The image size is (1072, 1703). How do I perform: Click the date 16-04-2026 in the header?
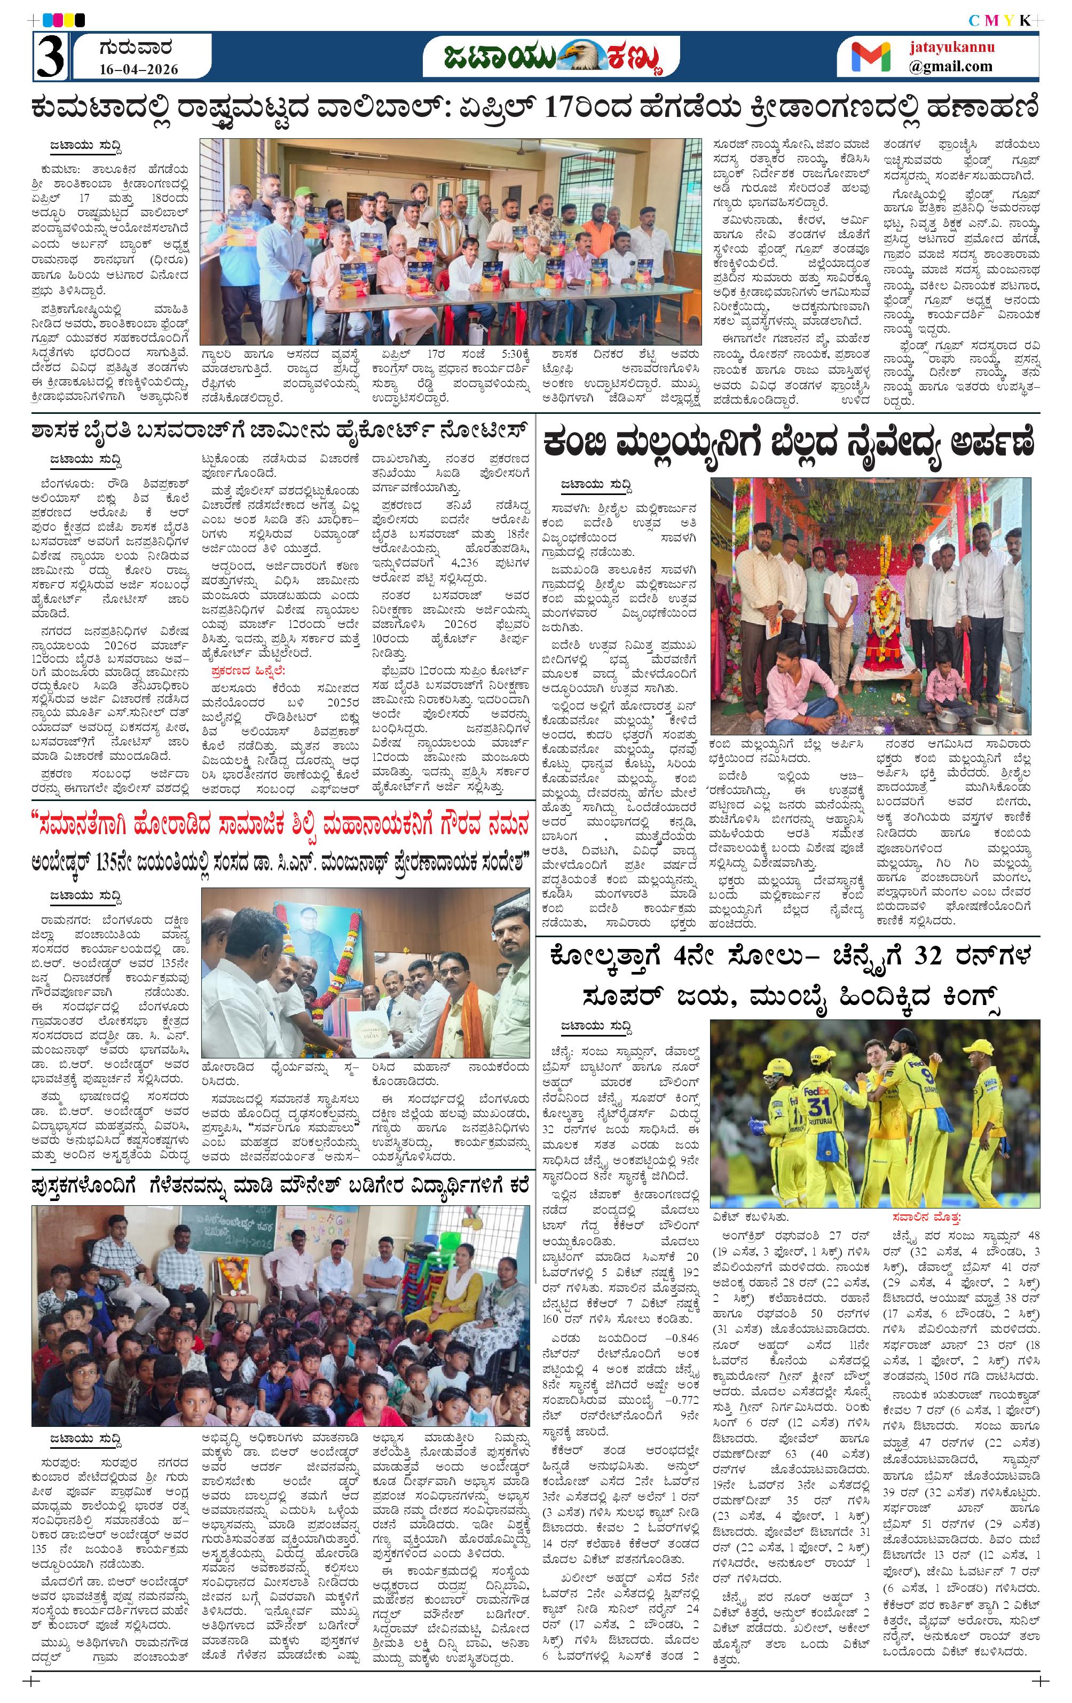coord(139,69)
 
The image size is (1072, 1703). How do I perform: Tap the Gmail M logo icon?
coord(871,57)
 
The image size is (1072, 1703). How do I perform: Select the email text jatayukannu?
coord(952,48)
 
